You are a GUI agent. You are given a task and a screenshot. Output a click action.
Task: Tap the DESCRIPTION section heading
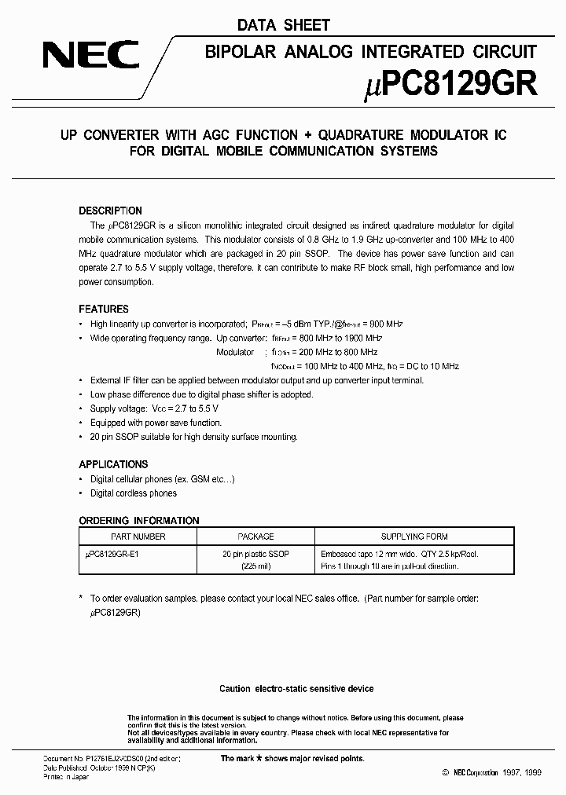point(111,211)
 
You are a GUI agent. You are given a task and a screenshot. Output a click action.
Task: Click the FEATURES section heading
point(104,309)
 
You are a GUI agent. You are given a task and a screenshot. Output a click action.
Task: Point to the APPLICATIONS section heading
point(113,464)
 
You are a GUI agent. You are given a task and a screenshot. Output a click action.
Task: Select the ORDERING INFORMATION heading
point(139,520)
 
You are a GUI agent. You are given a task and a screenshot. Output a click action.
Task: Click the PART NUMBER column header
point(138,537)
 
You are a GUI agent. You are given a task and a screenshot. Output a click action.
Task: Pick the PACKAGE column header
point(255,537)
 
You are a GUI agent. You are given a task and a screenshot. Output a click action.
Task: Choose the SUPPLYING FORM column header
point(414,537)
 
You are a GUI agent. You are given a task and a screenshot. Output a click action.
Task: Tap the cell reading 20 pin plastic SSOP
point(255,554)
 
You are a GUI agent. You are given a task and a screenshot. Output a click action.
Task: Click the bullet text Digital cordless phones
point(134,493)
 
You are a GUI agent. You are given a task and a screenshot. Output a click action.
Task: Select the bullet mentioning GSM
point(163,478)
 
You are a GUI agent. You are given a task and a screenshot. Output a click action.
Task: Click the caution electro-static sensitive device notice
point(296,689)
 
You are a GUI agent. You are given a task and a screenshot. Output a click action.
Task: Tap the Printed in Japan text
point(65,777)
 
